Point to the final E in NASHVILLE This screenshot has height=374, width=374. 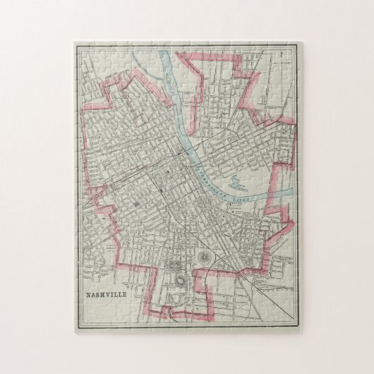coord(127,296)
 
